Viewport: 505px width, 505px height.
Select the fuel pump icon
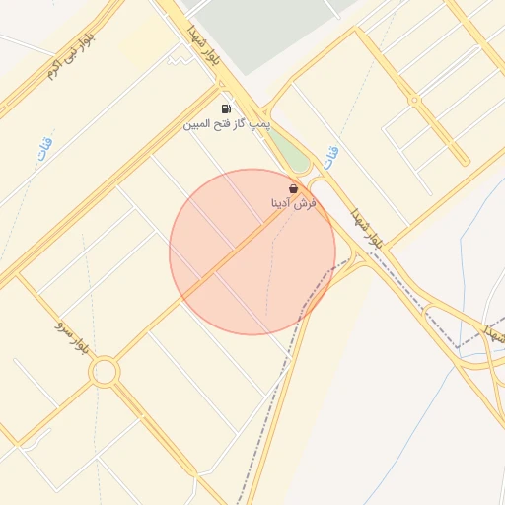(227, 109)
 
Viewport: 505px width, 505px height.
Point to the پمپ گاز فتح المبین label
(227, 125)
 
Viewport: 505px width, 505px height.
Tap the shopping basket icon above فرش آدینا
(293, 187)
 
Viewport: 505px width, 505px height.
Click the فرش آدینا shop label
(293, 202)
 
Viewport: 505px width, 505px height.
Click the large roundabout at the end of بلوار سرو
(104, 372)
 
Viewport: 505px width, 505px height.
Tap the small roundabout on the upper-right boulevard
(415, 100)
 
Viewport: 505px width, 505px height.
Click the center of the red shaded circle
(252, 252)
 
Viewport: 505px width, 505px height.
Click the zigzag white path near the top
(179, 60)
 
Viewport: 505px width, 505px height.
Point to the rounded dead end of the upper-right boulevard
(361, 32)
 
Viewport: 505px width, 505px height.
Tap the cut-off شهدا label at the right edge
(493, 333)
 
